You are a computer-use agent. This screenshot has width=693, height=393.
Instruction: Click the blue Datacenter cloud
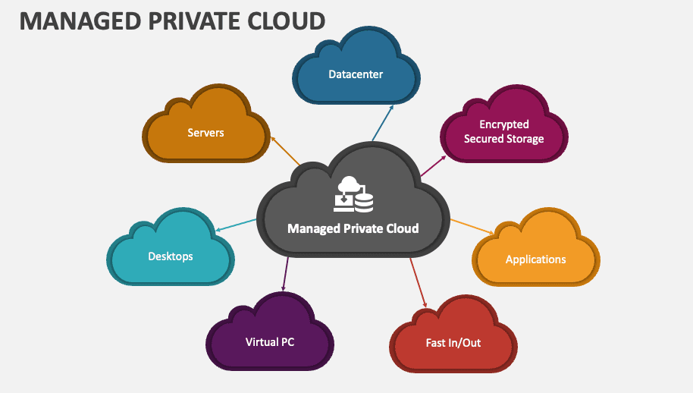pos(355,75)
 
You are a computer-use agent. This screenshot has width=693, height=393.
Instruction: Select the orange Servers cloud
pos(205,133)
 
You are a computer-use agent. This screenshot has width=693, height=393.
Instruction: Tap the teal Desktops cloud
pos(170,256)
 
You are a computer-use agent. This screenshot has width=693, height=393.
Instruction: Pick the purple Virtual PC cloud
pos(269,342)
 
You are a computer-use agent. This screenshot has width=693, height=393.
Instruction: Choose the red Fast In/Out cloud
pos(453,343)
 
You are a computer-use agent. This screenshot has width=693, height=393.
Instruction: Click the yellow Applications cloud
pos(535,259)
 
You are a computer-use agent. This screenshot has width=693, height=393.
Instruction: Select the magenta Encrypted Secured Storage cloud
pos(503,131)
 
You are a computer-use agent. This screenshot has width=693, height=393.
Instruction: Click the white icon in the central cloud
pos(353,194)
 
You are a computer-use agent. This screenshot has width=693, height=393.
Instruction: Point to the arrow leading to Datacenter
pos(383,122)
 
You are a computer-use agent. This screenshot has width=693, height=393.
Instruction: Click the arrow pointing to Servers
pos(285,151)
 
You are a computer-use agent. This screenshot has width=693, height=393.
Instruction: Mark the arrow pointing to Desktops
pos(237,225)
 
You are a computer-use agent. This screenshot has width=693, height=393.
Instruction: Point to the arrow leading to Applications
pos(472,226)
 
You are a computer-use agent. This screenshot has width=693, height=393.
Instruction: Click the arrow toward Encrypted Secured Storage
pos(433,165)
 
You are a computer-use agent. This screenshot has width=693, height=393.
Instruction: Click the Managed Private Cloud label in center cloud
pos(353,228)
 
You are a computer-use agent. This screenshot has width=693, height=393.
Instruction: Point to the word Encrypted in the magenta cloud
pos(503,124)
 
